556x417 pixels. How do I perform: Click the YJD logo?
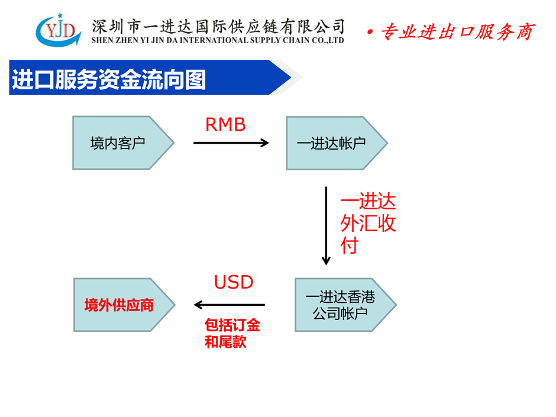(59, 31)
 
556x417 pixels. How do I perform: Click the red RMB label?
(225, 125)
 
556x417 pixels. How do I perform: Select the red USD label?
(234, 282)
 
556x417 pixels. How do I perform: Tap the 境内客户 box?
(123, 143)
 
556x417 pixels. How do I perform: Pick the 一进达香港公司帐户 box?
(345, 305)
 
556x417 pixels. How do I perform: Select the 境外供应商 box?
(124, 305)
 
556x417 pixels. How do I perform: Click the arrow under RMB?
(231, 143)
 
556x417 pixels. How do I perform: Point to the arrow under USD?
(229, 305)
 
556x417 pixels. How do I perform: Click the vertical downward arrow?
(327, 225)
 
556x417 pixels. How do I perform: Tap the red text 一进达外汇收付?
(368, 223)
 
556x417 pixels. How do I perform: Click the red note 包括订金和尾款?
(232, 334)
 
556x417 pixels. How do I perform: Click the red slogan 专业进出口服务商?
(457, 32)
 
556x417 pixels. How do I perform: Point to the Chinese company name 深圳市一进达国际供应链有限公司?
(218, 26)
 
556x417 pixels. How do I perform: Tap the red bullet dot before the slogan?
(370, 33)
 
